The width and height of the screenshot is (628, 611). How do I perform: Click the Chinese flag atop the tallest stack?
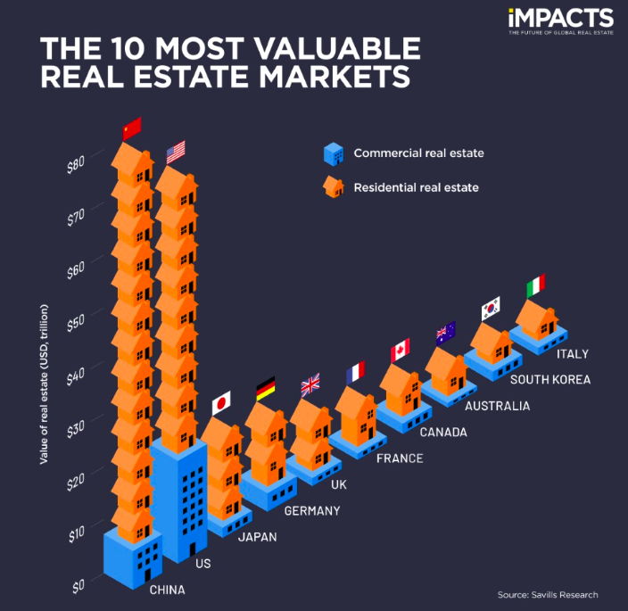click(x=132, y=128)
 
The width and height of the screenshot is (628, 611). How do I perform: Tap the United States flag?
click(x=176, y=152)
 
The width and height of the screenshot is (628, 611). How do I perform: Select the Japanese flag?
click(x=221, y=403)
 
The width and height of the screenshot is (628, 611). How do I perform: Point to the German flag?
click(x=265, y=389)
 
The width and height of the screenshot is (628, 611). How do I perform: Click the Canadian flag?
click(x=401, y=350)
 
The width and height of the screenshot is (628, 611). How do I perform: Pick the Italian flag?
click(x=535, y=286)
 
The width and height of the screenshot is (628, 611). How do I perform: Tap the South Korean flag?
click(x=491, y=309)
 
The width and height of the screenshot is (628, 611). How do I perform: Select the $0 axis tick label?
click(x=78, y=586)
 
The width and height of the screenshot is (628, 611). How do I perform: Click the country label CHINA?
click(x=167, y=590)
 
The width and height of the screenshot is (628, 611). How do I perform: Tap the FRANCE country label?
click(x=399, y=458)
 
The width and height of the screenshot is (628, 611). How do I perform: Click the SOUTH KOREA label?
click(x=549, y=379)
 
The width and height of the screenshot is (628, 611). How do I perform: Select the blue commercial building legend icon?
click(x=334, y=153)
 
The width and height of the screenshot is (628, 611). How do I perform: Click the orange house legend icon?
click(x=334, y=187)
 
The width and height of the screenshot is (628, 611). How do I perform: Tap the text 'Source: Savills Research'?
click(x=548, y=594)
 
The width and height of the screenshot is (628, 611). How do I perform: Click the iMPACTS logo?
click(x=560, y=19)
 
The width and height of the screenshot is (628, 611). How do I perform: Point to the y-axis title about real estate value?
click(x=44, y=384)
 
